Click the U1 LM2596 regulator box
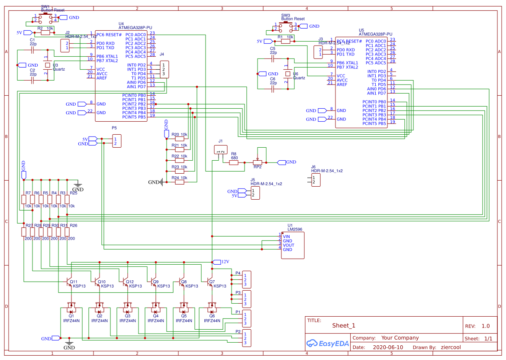click(x=293, y=245)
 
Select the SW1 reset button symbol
click(x=45, y=18)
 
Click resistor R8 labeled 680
click(x=234, y=162)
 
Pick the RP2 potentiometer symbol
click(x=258, y=162)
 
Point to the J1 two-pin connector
click(x=221, y=150)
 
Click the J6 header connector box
click(x=316, y=180)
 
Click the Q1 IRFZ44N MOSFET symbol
click(x=71, y=309)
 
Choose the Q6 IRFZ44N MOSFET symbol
click(x=212, y=309)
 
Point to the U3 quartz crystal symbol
click(x=47, y=65)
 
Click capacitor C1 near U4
click(x=32, y=50)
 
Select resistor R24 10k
click(x=179, y=182)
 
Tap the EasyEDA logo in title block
click(x=327, y=344)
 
